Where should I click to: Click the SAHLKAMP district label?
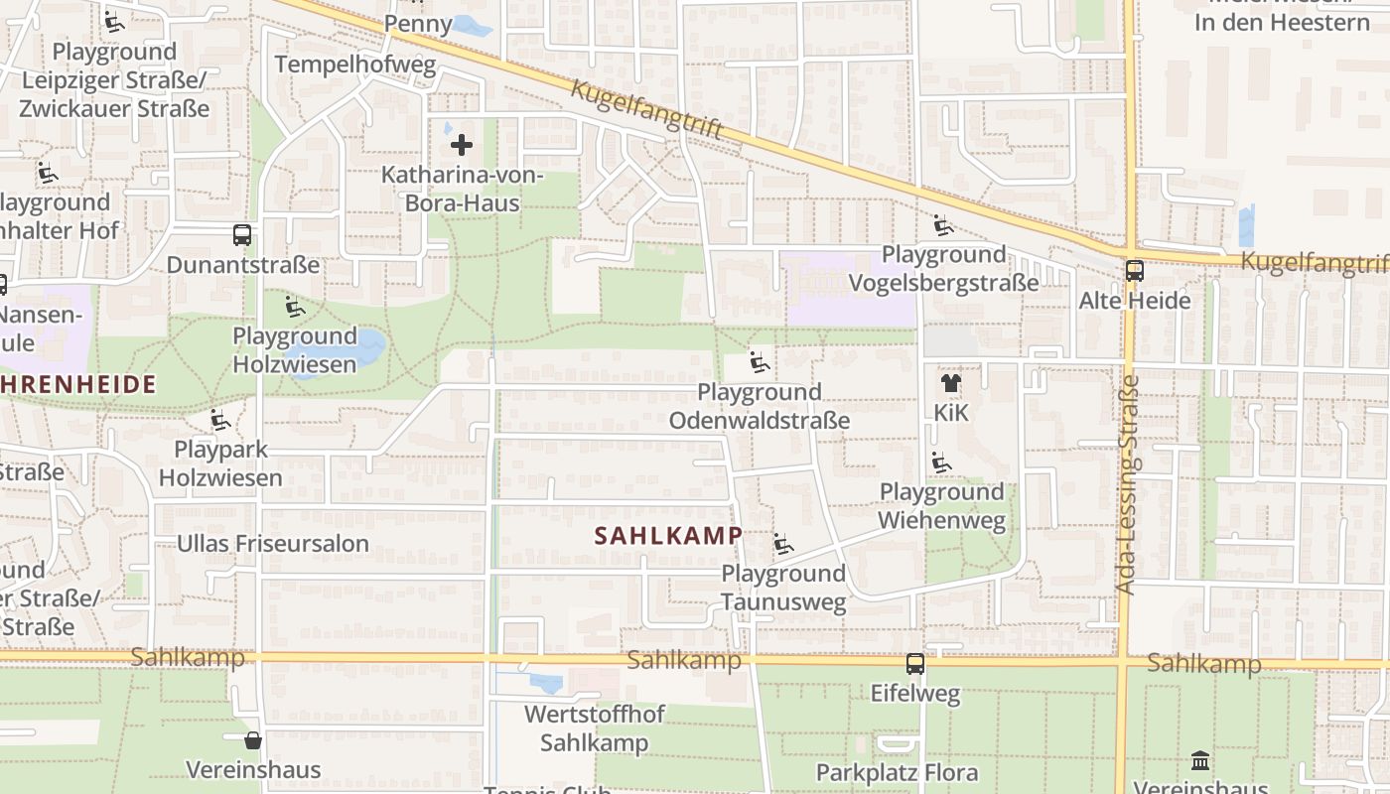(x=667, y=536)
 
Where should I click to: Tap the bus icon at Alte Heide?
(x=1134, y=270)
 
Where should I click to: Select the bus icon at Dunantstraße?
(x=242, y=235)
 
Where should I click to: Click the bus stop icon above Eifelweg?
(x=915, y=664)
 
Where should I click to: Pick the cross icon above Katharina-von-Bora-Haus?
(x=462, y=146)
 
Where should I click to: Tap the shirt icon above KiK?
(x=950, y=382)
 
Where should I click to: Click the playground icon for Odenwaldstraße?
(x=760, y=362)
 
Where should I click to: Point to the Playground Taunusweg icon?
(x=783, y=544)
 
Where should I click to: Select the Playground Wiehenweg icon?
(x=940, y=463)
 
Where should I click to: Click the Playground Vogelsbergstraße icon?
(x=942, y=225)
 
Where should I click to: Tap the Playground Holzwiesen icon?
(x=294, y=307)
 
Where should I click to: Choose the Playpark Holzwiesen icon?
(x=219, y=421)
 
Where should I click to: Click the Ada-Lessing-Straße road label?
(x=1127, y=484)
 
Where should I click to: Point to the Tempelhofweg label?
(x=355, y=66)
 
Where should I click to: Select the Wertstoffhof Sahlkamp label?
(x=594, y=728)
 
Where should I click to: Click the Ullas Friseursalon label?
(x=272, y=543)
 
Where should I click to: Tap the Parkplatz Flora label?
(x=897, y=772)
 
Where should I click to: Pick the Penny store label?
(x=417, y=23)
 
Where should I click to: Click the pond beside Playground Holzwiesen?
(x=367, y=346)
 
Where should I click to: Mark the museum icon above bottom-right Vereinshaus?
(x=1200, y=761)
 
